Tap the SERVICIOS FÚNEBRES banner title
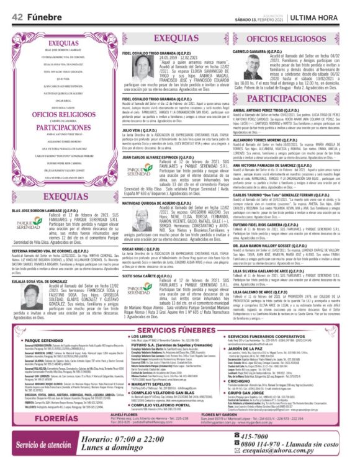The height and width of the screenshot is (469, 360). point(179,329)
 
